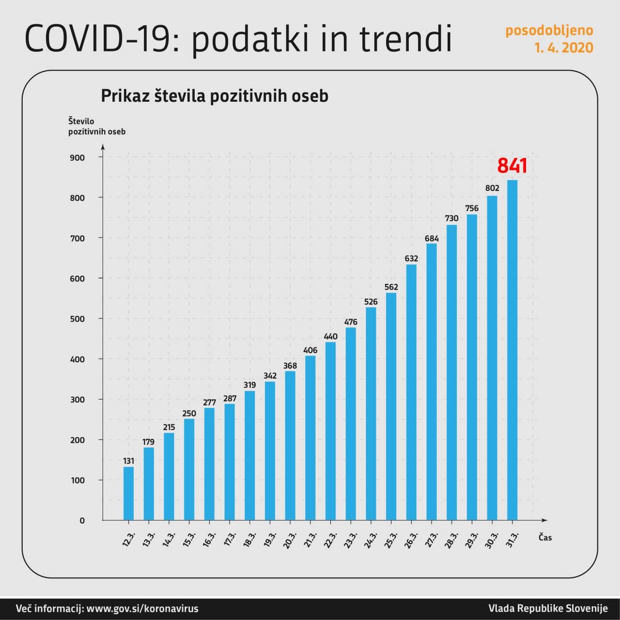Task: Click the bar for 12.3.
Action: coord(128,493)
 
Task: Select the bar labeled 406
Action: coord(310,438)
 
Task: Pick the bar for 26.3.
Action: coord(411,392)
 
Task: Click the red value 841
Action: coord(512,166)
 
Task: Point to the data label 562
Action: coord(391,287)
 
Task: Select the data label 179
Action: coord(149,442)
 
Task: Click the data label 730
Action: coord(451,218)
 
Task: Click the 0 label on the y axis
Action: coord(82,521)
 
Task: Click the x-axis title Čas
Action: coord(545,538)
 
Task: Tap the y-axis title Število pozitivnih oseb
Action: coord(96,126)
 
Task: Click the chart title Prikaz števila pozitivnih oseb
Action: coord(214,95)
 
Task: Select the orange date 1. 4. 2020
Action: coord(563,47)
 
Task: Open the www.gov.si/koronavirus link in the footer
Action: coord(142,608)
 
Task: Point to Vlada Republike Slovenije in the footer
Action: coord(547,608)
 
